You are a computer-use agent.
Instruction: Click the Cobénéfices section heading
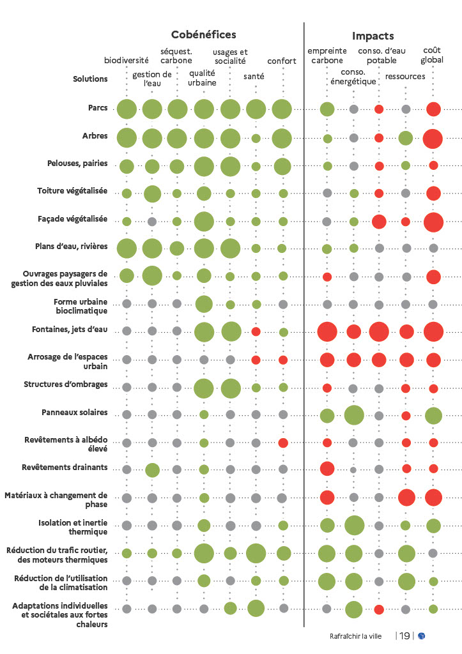[203, 35]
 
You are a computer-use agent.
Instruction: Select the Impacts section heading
[373, 36]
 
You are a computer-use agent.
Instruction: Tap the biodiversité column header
[127, 61]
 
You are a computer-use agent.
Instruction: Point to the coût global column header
[432, 55]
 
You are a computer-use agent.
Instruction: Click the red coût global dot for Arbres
[433, 138]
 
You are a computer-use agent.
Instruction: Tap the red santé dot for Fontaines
[256, 331]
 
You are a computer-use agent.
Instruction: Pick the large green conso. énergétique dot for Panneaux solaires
[353, 415]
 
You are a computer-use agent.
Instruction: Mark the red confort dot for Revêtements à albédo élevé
[283, 443]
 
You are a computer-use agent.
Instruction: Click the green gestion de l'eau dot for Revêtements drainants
[152, 470]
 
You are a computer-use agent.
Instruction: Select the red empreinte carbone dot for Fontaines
[327, 332]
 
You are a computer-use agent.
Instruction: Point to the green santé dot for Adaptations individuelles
[256, 608]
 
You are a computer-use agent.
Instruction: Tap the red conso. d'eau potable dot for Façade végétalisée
[379, 222]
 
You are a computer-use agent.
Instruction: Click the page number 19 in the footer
[404, 635]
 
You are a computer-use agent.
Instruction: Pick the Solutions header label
[90, 79]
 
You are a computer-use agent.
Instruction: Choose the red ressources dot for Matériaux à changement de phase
[406, 497]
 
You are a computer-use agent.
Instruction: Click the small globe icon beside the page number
[422, 635]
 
